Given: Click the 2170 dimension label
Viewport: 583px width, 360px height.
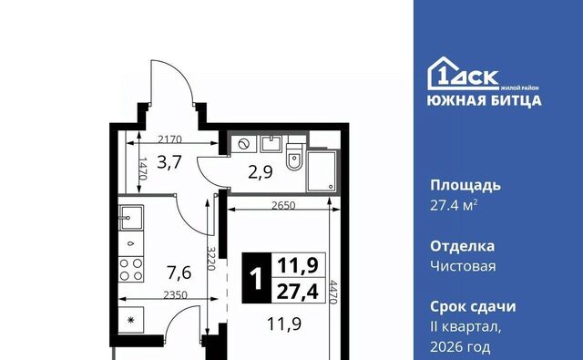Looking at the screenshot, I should pos(169,139).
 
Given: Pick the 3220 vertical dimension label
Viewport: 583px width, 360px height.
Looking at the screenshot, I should pos(210,261).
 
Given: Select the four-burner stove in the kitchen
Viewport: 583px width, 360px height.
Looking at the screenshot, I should pos(131,269).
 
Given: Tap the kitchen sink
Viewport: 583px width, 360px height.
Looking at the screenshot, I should pos(131,217).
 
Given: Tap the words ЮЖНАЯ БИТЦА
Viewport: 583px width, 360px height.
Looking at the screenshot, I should pos(486,100).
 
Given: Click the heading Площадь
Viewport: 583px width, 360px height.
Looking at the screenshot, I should pos(465,185).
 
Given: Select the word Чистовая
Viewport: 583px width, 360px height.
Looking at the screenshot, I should pos(463,265).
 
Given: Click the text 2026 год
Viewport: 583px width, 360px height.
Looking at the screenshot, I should pos(459,346).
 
